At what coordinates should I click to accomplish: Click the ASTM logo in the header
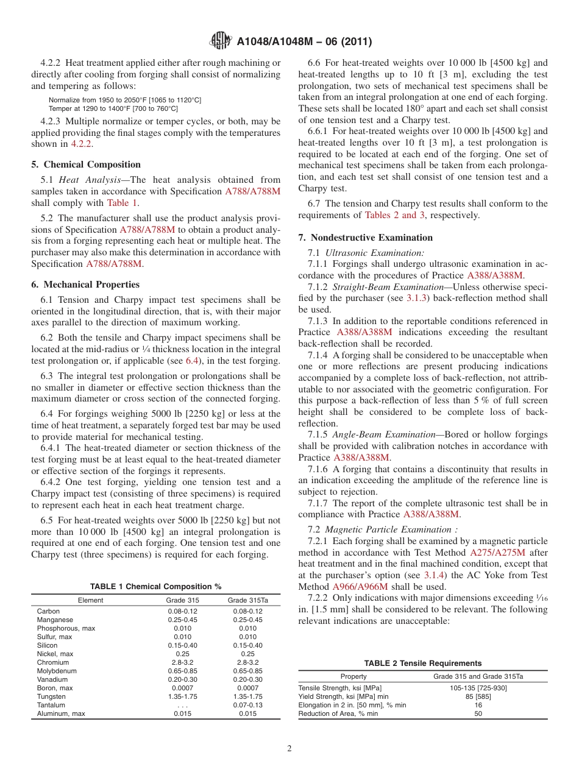pos(220,41)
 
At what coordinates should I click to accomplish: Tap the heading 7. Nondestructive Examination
pos(366,238)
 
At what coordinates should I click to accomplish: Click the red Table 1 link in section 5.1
pos(122,203)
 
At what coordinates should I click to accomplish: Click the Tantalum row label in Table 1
pos(51,705)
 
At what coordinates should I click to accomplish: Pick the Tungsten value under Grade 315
pos(182,696)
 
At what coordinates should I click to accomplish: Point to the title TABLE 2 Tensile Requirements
pos(422,664)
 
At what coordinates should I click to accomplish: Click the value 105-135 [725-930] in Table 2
pos(478,688)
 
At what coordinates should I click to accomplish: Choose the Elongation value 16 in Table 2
pos(478,705)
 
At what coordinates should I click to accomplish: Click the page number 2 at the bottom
pos(289,749)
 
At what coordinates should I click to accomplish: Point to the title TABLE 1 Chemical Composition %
pos(155,586)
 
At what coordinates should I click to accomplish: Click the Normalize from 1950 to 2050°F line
pos(125,99)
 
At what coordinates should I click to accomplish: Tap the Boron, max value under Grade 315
pos(182,688)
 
